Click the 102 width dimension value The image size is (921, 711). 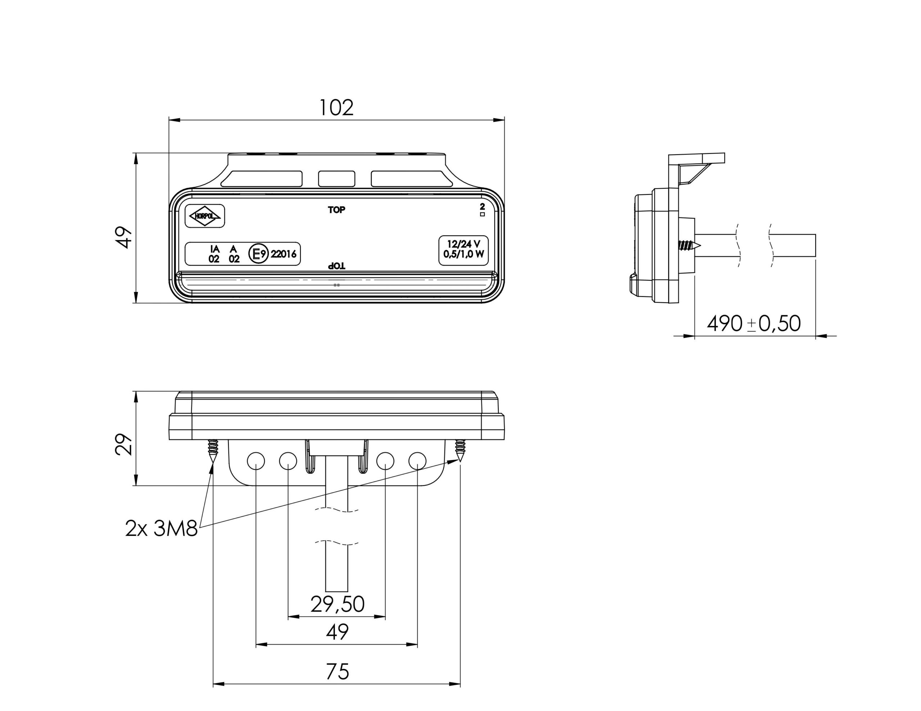pyautogui.click(x=336, y=108)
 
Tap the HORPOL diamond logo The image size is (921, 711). pyautogui.click(x=205, y=216)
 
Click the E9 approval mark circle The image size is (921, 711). pyautogui.click(x=258, y=254)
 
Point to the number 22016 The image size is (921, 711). pyautogui.click(x=283, y=254)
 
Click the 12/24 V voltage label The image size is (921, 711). pyautogui.click(x=463, y=244)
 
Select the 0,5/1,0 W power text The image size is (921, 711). pyautogui.click(x=463, y=254)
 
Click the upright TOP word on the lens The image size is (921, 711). pyautogui.click(x=336, y=210)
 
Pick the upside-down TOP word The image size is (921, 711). pyautogui.click(x=336, y=266)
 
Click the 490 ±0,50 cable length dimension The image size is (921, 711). pyautogui.click(x=754, y=324)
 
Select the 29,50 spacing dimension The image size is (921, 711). pyautogui.click(x=337, y=604)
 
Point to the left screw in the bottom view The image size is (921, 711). pyautogui.click(x=213, y=450)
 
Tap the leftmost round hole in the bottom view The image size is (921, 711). pyautogui.click(x=256, y=461)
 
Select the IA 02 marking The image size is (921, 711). pyautogui.click(x=214, y=254)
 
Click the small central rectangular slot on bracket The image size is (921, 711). pyautogui.click(x=336, y=179)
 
